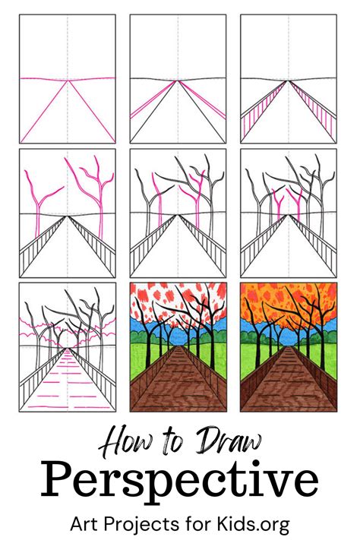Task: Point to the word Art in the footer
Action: pos(84,521)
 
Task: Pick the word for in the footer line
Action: pos(196,521)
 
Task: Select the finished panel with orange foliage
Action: pos(290,347)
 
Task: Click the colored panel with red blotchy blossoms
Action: pos(179,347)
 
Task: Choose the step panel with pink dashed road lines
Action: pos(68,347)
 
